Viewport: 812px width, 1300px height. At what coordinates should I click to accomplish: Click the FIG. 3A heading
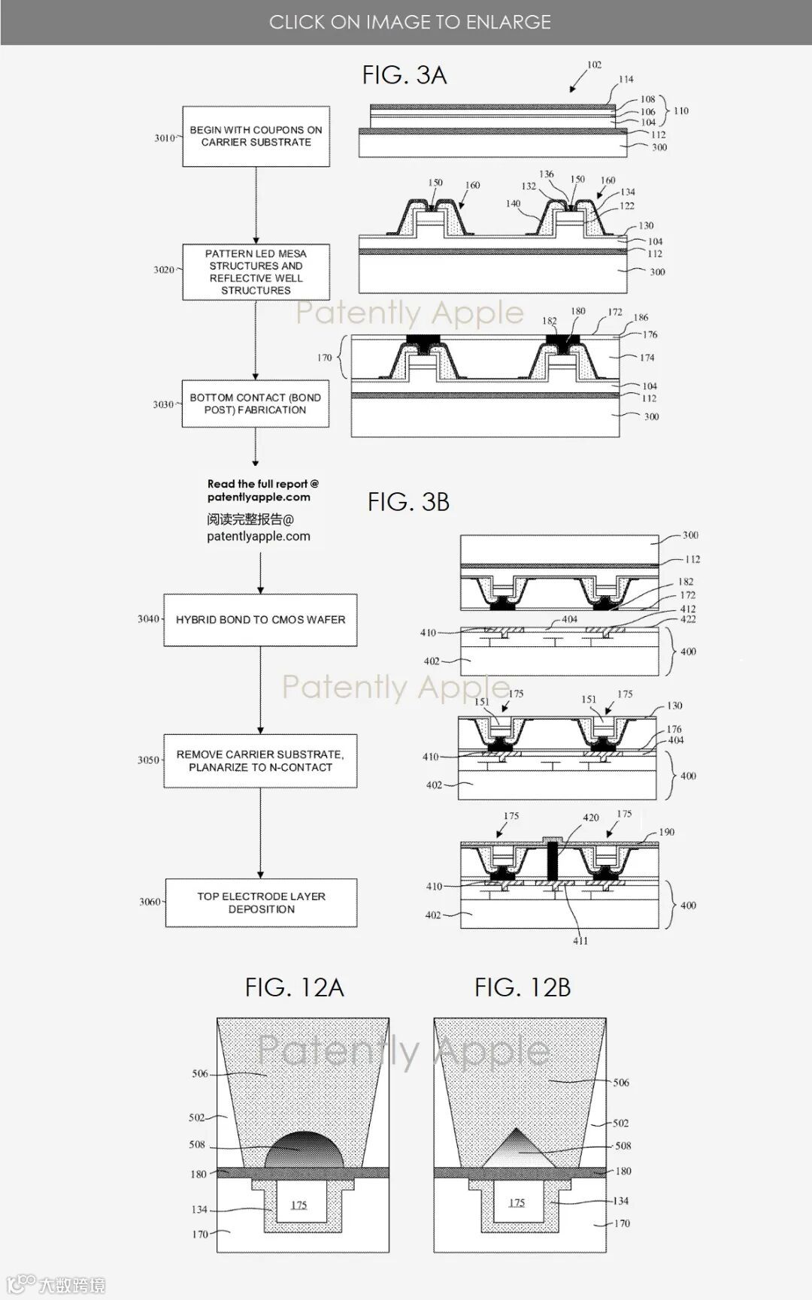(404, 75)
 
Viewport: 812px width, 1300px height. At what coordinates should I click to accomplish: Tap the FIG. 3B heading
(408, 502)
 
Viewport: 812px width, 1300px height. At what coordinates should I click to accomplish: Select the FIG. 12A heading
(294, 987)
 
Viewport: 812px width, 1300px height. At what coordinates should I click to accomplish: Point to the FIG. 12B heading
(523, 987)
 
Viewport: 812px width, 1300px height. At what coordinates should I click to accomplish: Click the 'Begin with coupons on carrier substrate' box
(256, 136)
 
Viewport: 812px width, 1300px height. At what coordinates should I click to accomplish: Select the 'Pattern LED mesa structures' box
(256, 272)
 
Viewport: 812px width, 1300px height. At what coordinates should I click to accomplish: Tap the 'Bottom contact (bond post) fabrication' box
(256, 404)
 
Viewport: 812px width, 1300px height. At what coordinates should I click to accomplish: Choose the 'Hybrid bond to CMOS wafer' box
(260, 620)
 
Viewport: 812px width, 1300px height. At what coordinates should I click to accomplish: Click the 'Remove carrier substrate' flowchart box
(260, 760)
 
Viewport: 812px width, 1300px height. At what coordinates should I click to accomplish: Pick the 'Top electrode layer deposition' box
(261, 902)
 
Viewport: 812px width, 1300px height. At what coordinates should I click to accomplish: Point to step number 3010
(164, 138)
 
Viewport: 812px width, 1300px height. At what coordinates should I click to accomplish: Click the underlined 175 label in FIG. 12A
(299, 1205)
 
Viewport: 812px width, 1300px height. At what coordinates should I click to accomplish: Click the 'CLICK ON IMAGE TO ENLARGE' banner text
(410, 22)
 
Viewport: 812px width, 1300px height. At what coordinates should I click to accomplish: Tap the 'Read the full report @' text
(263, 484)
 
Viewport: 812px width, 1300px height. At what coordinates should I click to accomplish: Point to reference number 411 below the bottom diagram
(580, 941)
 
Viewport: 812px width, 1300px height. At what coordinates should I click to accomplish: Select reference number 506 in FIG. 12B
(621, 1083)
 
